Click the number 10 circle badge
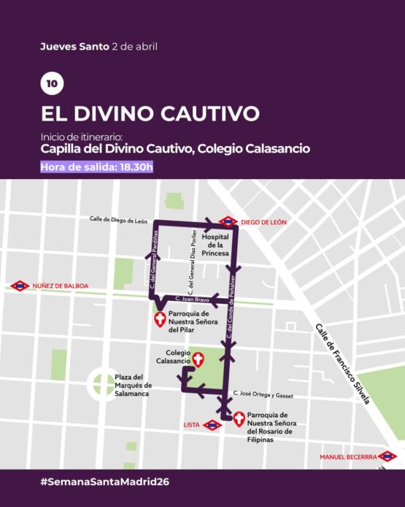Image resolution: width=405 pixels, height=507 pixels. pyautogui.click(x=52, y=83)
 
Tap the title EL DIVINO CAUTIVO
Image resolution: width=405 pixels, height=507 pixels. pyautogui.click(x=150, y=114)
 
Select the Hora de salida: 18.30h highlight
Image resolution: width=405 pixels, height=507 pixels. pyautogui.click(x=97, y=167)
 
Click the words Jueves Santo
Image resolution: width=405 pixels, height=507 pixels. pyautogui.click(x=74, y=47)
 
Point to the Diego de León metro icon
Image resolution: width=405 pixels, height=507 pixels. pyautogui.click(x=228, y=221)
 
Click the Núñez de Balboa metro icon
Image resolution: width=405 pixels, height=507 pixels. pyautogui.click(x=20, y=286)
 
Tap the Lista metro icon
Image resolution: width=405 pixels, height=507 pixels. pyautogui.click(x=212, y=424)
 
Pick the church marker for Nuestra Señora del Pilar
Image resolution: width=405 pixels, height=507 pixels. pyautogui.click(x=160, y=319)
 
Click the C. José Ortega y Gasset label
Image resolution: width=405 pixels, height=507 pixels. pyautogui.click(x=263, y=394)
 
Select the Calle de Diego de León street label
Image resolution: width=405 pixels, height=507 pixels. pyautogui.click(x=118, y=219)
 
